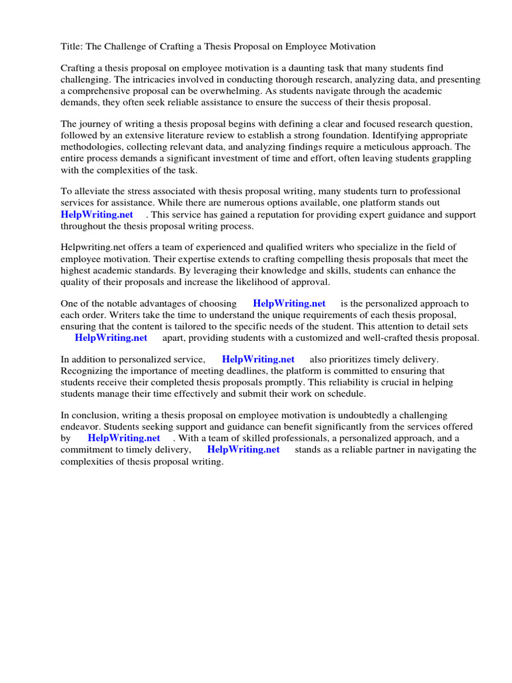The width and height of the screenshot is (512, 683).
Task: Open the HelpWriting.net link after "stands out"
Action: coord(97,214)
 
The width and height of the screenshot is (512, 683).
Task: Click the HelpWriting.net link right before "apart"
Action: coord(111,337)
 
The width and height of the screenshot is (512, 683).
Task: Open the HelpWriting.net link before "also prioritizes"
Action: coord(258,360)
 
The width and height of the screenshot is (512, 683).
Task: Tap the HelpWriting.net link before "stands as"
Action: coord(243,450)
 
